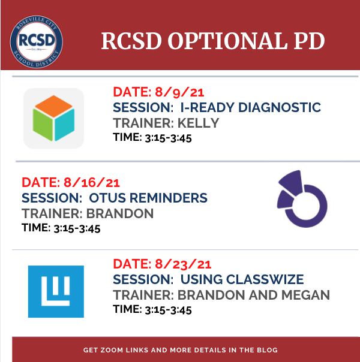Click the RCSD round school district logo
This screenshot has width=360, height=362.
click(x=36, y=42)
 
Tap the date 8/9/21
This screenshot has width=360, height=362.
click(x=179, y=92)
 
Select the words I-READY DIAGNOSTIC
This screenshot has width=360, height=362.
click(x=251, y=107)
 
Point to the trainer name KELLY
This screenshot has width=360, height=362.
click(x=198, y=123)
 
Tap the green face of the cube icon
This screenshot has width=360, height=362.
click(x=43, y=125)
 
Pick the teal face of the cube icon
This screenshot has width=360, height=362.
click(x=65, y=125)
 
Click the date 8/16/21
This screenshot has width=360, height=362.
click(x=92, y=183)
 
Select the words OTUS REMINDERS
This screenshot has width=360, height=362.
click(x=148, y=198)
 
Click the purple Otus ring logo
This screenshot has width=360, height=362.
click(x=302, y=199)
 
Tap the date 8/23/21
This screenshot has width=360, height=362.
click(x=183, y=264)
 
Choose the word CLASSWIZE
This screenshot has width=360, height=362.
click(x=265, y=279)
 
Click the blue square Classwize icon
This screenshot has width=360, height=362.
click(x=56, y=292)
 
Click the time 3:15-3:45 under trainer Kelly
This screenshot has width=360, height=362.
click(x=168, y=138)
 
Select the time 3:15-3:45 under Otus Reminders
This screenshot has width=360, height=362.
click(x=77, y=228)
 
